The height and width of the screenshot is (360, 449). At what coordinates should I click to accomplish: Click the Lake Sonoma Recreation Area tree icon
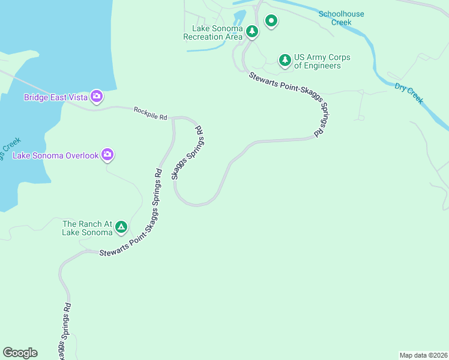pyautogui.click(x=252, y=31)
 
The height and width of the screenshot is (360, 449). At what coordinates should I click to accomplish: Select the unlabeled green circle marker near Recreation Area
pyautogui.click(x=271, y=22)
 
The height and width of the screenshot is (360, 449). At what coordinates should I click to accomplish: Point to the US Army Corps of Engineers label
pyautogui.click(x=322, y=61)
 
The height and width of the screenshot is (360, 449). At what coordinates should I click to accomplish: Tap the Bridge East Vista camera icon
pyautogui.click(x=96, y=96)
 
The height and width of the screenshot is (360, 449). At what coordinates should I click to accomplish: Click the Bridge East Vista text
pyautogui.click(x=55, y=97)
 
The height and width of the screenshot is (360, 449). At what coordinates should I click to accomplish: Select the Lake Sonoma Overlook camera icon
pyautogui.click(x=107, y=155)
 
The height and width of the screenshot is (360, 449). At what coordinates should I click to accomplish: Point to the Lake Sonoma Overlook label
pyautogui.click(x=55, y=155)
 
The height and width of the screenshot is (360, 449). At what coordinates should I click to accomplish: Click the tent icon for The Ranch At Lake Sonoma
pyautogui.click(x=121, y=227)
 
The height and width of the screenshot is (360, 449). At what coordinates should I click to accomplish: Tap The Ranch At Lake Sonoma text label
pyautogui.click(x=88, y=228)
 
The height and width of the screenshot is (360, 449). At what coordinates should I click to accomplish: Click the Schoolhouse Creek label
pyautogui.click(x=341, y=18)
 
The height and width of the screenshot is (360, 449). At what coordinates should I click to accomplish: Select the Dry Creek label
pyautogui.click(x=409, y=93)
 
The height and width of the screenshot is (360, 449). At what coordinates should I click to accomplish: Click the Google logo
pyautogui.click(x=20, y=353)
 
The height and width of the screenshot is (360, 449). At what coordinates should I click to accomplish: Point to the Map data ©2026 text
pyautogui.click(x=423, y=355)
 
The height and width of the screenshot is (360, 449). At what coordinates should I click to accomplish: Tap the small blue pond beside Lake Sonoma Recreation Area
pyautogui.click(x=239, y=17)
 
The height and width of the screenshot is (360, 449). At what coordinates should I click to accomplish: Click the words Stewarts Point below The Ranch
pyautogui.click(x=119, y=251)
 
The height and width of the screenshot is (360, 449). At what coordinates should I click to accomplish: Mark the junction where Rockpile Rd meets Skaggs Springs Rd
pyautogui.click(x=173, y=118)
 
